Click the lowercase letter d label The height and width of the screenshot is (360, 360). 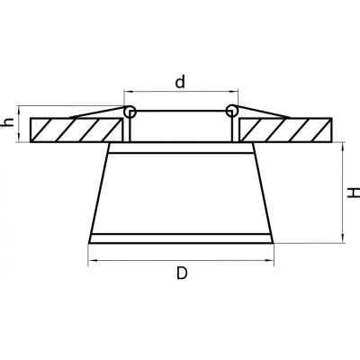180,82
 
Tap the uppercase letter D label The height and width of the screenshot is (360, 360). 182,274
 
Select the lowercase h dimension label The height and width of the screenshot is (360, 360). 9,122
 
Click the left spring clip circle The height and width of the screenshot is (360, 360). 130,111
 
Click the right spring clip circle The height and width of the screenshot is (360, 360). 231,111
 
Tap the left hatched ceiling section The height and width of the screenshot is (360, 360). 76,130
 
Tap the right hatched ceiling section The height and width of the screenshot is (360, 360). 285,130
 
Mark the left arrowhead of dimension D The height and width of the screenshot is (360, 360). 91,261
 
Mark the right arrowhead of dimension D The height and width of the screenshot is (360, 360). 271,261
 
